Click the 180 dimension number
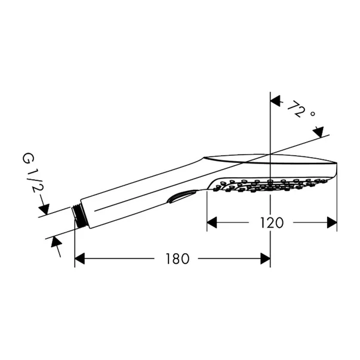point(178,259)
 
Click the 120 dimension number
point(272,223)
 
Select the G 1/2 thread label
point(33,174)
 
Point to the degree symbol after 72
point(312,113)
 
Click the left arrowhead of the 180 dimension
point(79,259)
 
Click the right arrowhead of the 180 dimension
point(266,259)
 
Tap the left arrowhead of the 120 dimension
point(212,223)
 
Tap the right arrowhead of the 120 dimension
point(332,223)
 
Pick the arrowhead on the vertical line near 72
point(275,101)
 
